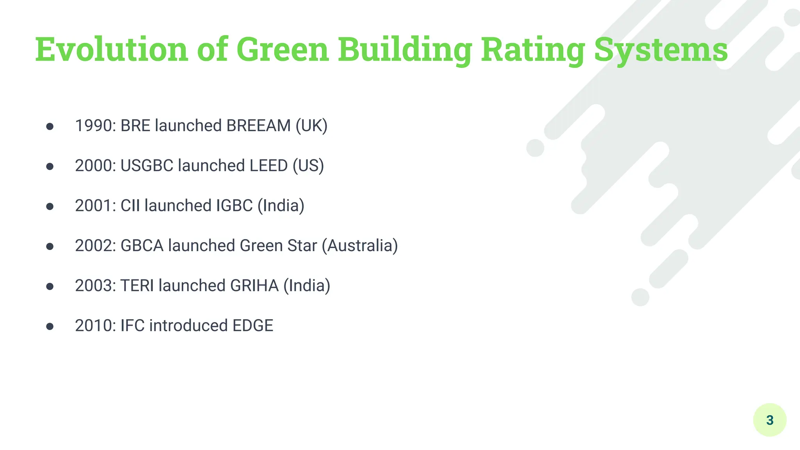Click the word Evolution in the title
pyautogui.click(x=112, y=50)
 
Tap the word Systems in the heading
pyautogui.click(x=661, y=50)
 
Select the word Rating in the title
pyautogui.click(x=532, y=50)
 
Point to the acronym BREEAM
pyautogui.click(x=259, y=126)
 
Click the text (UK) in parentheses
pyautogui.click(x=311, y=126)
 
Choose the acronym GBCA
pyautogui.click(x=142, y=246)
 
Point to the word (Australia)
pyautogui.click(x=360, y=246)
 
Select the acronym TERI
pyautogui.click(x=137, y=286)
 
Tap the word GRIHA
pyautogui.click(x=254, y=286)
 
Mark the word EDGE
pyautogui.click(x=253, y=326)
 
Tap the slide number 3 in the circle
pyautogui.click(x=770, y=420)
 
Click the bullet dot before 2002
pyautogui.click(x=50, y=246)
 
